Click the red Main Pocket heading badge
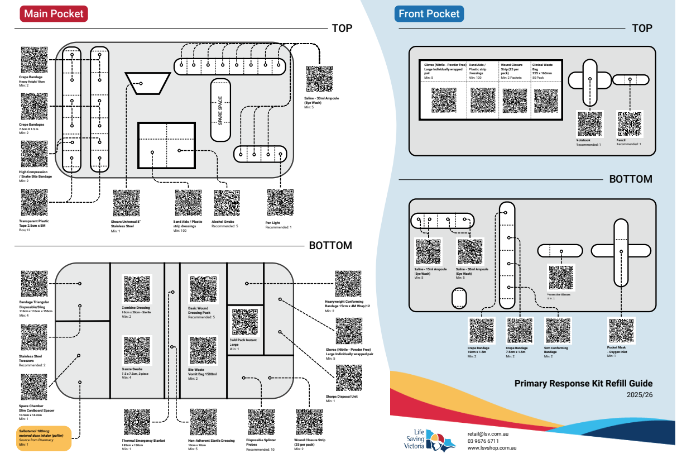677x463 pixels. [54, 14]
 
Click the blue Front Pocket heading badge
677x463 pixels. [429, 14]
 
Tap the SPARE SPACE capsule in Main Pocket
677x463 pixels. [220, 110]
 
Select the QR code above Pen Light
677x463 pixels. [280, 203]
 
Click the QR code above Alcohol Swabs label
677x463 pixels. [227, 203]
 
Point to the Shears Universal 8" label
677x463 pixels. [126, 223]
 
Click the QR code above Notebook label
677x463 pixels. [589, 124]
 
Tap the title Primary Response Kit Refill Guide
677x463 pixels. [583, 383]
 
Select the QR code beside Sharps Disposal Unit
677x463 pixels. [348, 379]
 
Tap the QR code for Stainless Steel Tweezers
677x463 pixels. [34, 337]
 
